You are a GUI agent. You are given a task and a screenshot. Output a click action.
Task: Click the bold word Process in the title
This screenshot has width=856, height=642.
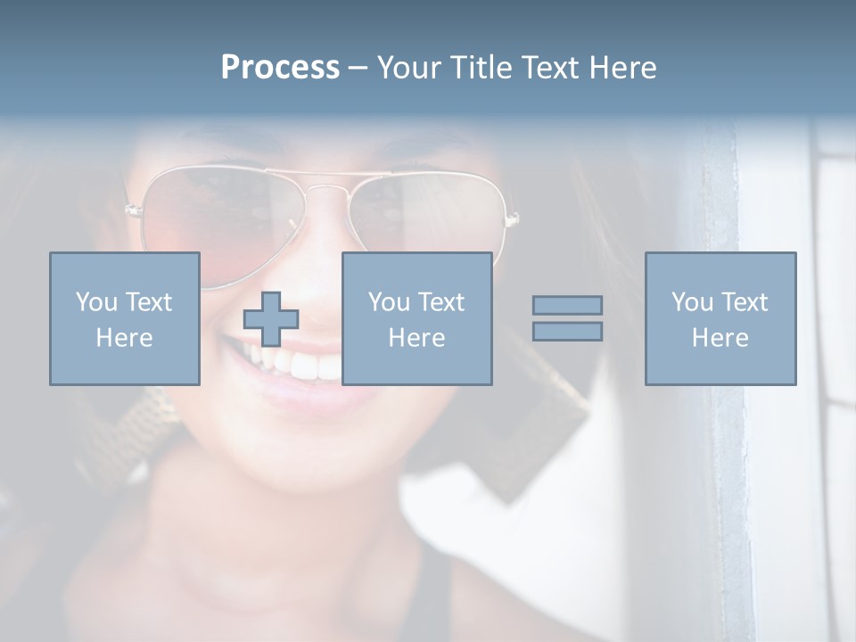[280, 68]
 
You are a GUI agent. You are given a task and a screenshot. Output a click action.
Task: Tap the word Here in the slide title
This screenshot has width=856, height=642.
[622, 68]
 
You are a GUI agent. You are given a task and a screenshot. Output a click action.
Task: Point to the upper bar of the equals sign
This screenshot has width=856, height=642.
[567, 305]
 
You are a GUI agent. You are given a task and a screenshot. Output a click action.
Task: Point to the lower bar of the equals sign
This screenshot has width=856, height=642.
[567, 331]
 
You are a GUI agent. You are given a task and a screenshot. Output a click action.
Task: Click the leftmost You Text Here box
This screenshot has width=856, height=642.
[125, 318]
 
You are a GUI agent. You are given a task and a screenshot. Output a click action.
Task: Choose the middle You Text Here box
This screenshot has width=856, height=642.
[416, 318]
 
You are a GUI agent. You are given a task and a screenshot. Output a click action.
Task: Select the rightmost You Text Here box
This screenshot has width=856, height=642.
[720, 318]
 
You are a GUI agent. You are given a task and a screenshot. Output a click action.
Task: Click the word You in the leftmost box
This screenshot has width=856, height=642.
[96, 302]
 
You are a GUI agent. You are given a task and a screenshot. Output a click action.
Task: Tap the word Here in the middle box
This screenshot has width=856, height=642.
[416, 338]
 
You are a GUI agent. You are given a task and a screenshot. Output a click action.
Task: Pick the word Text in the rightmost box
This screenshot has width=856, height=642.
[745, 302]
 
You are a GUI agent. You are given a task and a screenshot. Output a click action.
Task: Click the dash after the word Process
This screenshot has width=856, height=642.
[358, 68]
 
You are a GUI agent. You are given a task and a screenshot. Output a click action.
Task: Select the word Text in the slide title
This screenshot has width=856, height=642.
[549, 68]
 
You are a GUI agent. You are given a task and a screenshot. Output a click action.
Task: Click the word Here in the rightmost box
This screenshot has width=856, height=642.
[720, 338]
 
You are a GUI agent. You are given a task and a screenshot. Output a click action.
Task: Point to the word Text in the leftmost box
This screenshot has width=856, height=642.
[149, 302]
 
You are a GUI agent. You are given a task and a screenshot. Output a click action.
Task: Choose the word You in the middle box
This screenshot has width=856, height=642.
[389, 302]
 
